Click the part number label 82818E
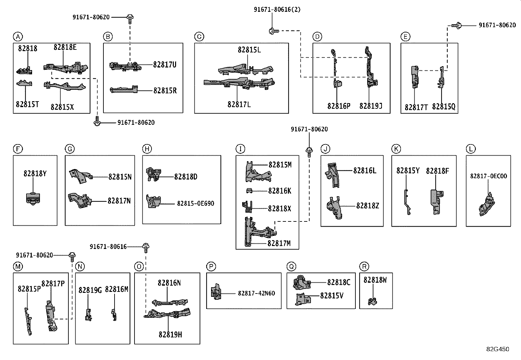pos(65,47)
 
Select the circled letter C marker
pos(199,37)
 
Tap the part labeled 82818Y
pos(33,199)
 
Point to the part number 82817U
pos(165,65)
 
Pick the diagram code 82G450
pos(498,349)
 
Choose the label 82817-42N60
pos(256,293)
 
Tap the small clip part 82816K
pos(249,191)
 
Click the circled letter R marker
pos(364,266)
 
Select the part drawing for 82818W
pos(372,302)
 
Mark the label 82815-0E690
pos(196,203)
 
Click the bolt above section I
pos(309,152)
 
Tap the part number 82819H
pos(170,335)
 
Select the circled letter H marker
pos(147,149)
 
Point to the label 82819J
pos(371,106)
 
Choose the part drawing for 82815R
pos(124,89)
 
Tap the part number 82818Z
pos(368,206)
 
